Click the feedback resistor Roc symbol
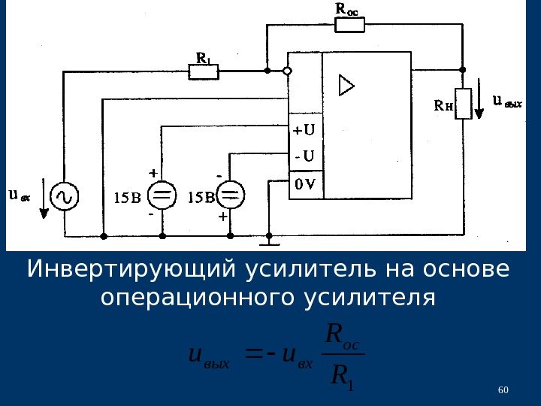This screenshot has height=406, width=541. (349, 25)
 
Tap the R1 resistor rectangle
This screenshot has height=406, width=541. (203, 71)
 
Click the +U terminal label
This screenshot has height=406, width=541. (304, 130)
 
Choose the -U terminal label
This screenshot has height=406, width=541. (304, 156)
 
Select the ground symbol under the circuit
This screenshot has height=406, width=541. (267, 242)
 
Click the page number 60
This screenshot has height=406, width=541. (503, 389)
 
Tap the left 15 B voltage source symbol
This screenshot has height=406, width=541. (162, 197)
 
